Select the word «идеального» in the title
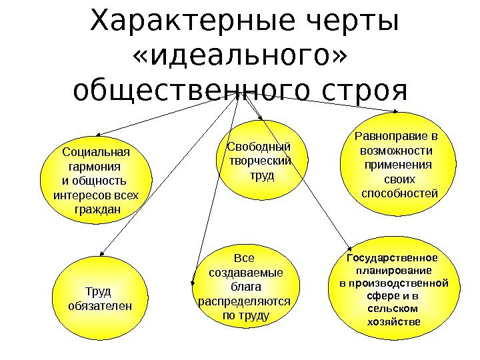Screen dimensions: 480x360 pyautogui.click(x=240, y=59)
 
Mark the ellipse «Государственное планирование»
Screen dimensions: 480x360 pyautogui.click(x=395, y=291)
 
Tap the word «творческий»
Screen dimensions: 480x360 pyautogui.click(x=260, y=161)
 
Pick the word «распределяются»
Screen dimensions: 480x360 pyautogui.click(x=245, y=301)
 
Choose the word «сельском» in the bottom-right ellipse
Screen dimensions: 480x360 pyautogui.click(x=393, y=309)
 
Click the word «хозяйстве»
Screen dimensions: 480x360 pyautogui.click(x=394, y=321)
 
